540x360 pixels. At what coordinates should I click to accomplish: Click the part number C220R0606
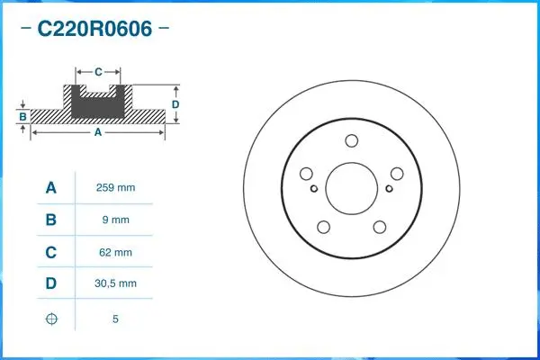click(x=94, y=28)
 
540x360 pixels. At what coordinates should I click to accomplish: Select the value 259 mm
click(x=114, y=188)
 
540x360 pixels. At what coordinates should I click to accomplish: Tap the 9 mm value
click(x=114, y=220)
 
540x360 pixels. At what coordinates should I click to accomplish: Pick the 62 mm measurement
click(x=114, y=253)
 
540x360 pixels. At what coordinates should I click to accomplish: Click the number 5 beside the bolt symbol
click(x=114, y=319)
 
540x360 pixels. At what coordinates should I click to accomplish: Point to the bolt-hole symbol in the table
click(x=51, y=319)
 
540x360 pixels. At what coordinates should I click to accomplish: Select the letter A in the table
click(x=51, y=188)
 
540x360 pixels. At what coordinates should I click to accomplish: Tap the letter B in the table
click(x=51, y=220)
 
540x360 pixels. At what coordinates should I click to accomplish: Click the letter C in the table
click(x=51, y=253)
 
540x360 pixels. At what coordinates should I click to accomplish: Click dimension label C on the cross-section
click(x=98, y=70)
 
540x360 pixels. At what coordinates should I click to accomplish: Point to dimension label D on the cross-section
click(x=175, y=104)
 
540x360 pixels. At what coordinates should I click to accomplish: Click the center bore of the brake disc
click(x=351, y=188)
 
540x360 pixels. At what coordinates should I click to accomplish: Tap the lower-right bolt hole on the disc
click(x=380, y=229)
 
